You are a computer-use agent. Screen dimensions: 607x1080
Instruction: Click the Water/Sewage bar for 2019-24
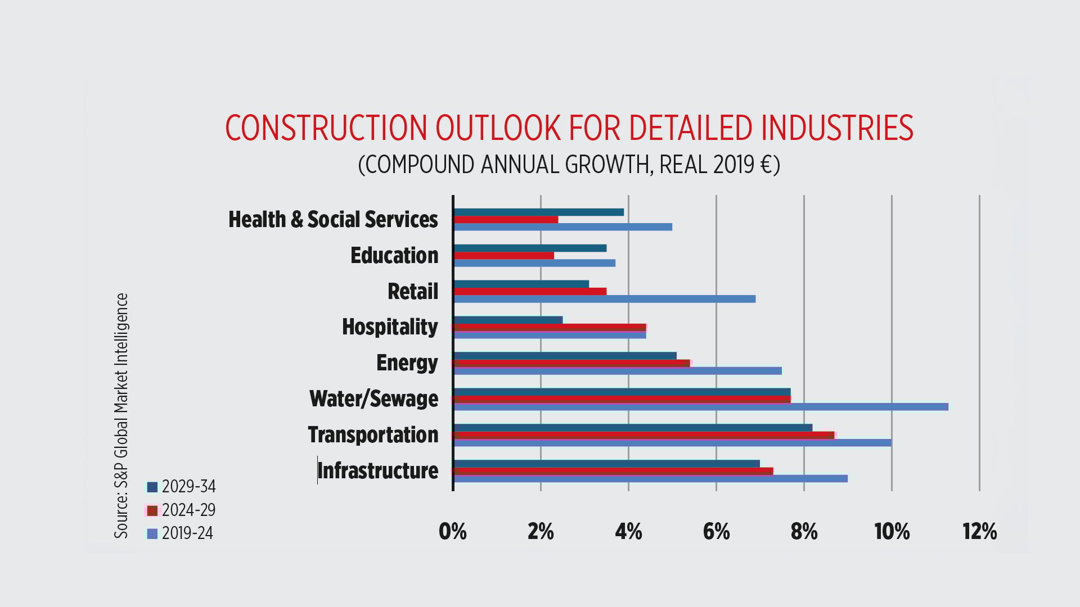coord(700,407)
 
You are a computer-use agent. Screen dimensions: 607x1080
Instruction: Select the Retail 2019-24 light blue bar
coord(604,299)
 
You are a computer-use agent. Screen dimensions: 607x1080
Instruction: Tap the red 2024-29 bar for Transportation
coord(643,435)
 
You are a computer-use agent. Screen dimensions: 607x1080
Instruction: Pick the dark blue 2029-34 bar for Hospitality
coord(508,320)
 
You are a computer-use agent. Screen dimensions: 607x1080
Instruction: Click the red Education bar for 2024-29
coord(503,256)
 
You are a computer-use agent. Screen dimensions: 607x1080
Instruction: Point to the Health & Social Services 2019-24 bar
coord(562,227)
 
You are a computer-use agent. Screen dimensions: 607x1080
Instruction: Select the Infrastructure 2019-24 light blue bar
coord(650,479)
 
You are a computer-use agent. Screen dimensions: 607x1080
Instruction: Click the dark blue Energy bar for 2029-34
coord(565,356)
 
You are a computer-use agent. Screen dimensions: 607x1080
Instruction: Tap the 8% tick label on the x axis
coord(804,532)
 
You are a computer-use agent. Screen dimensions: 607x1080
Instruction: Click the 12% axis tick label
coord(979,532)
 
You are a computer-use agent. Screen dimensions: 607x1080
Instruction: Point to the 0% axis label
coord(453,532)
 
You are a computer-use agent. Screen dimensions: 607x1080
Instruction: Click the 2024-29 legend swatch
coord(152,510)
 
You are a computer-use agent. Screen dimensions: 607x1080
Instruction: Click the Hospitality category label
coord(390,327)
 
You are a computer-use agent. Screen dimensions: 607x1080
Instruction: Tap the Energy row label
coord(407,363)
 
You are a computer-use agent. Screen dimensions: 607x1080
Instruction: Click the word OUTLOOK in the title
coord(498,128)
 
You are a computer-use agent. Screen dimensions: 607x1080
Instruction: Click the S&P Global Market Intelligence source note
coord(121,416)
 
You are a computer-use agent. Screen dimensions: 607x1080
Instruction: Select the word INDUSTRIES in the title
coord(837,128)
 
